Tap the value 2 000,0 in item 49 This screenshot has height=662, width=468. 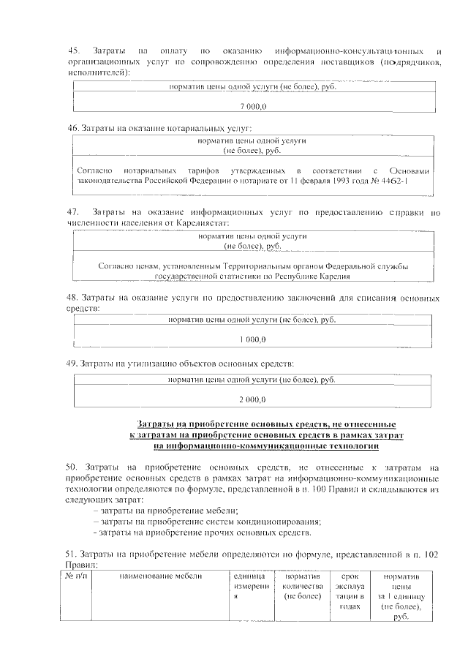coord(252,399)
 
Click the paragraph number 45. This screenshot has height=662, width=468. coord(73,50)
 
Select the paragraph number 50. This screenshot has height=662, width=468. coord(72,467)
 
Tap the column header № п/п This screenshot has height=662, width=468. coord(75,577)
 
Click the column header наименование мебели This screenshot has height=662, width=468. coord(149,577)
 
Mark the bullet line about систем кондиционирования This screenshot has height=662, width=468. coord(207,522)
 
